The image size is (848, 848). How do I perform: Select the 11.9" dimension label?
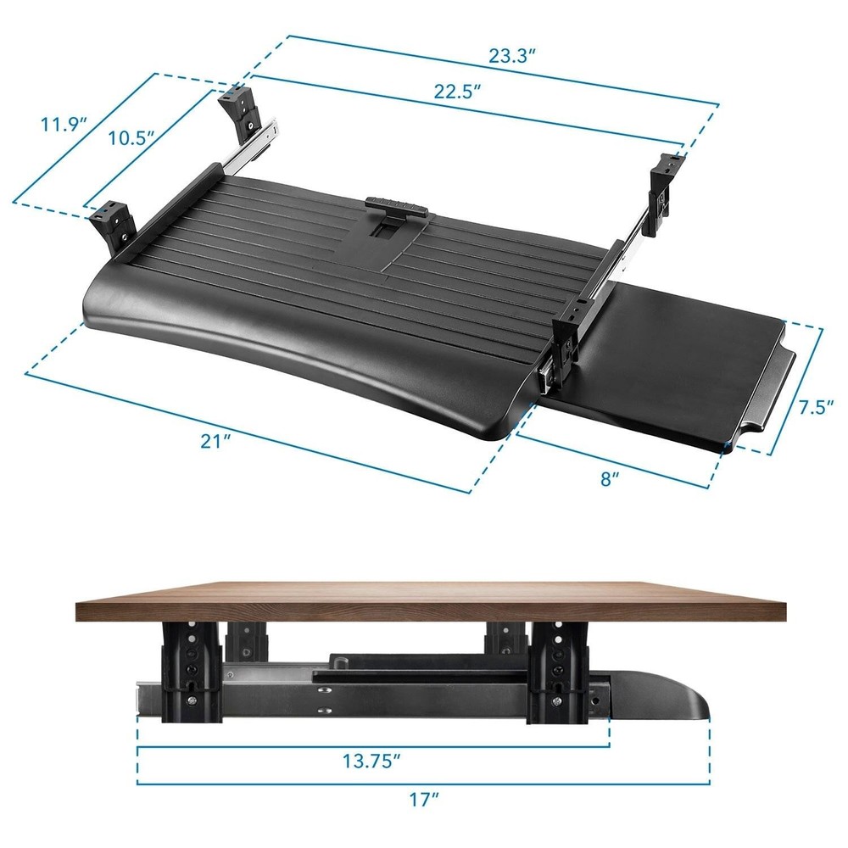point(64,125)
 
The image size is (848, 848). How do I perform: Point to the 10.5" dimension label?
point(133,137)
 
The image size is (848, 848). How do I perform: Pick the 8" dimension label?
point(610,479)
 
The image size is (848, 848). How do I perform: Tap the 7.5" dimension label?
point(817,407)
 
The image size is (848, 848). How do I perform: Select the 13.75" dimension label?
point(371,762)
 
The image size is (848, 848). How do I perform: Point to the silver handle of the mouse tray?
point(772,390)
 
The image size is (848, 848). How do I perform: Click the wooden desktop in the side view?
point(424,601)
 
